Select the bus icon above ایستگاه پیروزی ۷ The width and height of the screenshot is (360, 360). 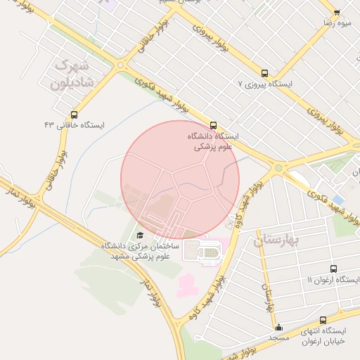pyautogui.click(x=264, y=73)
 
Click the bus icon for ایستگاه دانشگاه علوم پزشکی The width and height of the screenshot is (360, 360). pyautogui.click(x=214, y=126)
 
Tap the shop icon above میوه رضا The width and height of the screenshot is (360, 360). pyautogui.click(x=337, y=13)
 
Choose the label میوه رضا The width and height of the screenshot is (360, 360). pyautogui.click(x=337, y=23)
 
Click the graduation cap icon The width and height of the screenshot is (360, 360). pyautogui.click(x=139, y=235)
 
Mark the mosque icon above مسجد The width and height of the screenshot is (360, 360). pyautogui.click(x=278, y=328)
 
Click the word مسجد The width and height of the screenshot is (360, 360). pyautogui.click(x=278, y=337)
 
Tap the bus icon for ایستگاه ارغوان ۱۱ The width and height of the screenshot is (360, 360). pyautogui.click(x=333, y=269)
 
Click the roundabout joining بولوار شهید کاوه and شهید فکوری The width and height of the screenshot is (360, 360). pyautogui.click(x=278, y=167)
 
